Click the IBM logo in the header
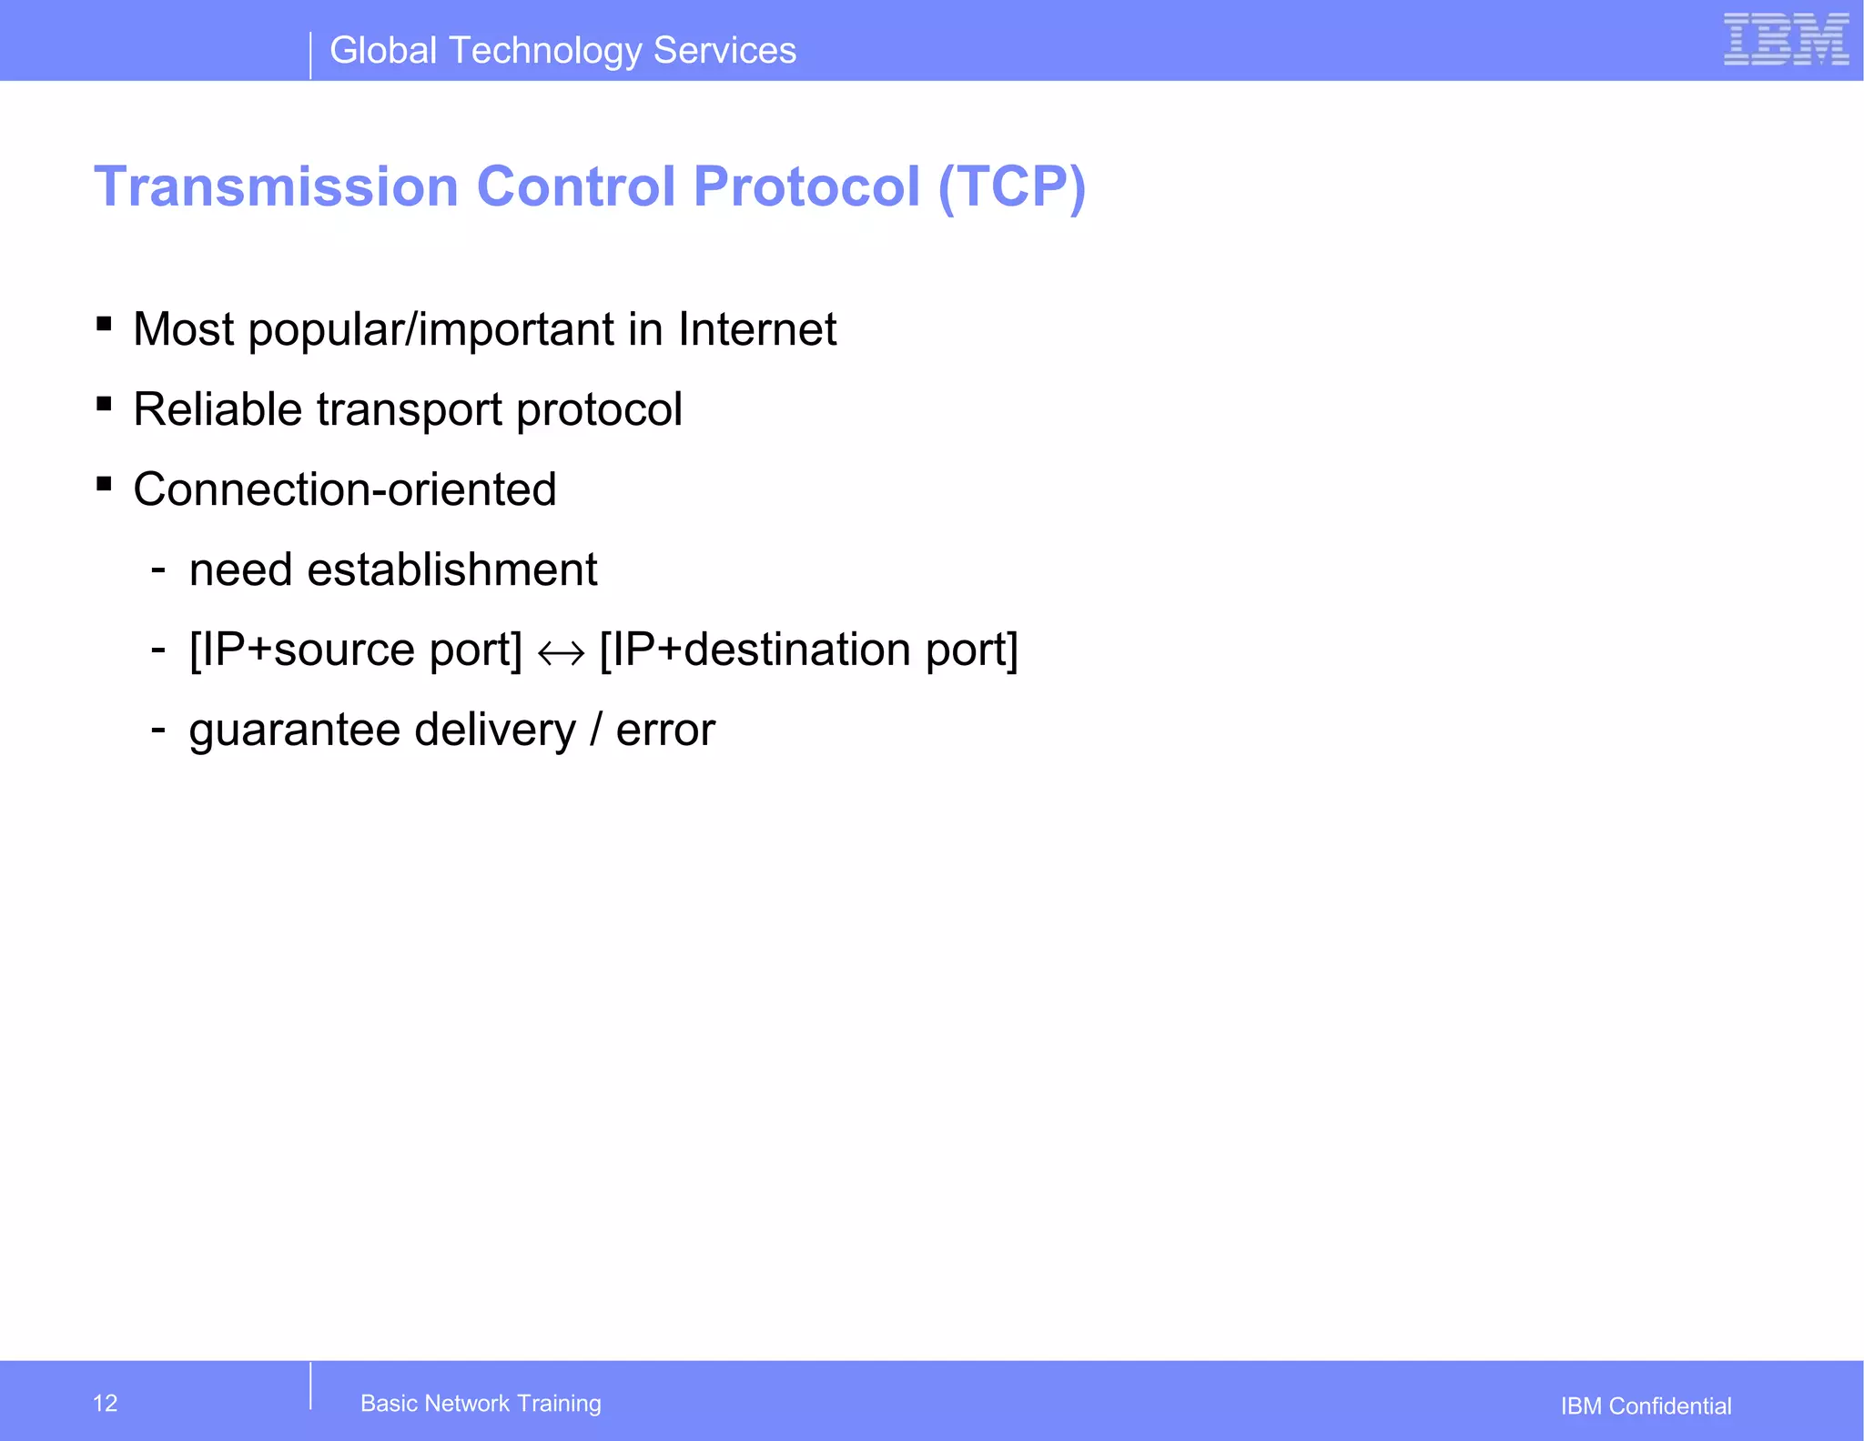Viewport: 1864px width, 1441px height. pyautogui.click(x=1785, y=39)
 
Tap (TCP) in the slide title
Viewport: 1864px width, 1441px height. pyautogui.click(x=1011, y=186)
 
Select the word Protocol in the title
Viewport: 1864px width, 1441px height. pyautogui.click(x=806, y=186)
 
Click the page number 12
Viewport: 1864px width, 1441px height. pyautogui.click(x=106, y=1403)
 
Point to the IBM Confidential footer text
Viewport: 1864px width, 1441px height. pyautogui.click(x=1646, y=1406)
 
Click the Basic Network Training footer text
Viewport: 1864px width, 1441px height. pyautogui.click(x=481, y=1403)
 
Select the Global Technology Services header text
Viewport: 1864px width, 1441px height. pyautogui.click(x=562, y=51)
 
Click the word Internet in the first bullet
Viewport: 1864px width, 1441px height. pyautogui.click(x=756, y=329)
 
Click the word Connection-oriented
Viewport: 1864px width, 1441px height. pyautogui.click(x=344, y=489)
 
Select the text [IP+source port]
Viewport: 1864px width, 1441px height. pyautogui.click(x=355, y=650)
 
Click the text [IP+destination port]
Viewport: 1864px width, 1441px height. pyautogui.click(x=808, y=650)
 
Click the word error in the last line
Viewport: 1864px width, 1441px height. pyautogui.click(x=665, y=731)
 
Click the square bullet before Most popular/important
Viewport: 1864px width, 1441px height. pyautogui.click(x=104, y=324)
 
